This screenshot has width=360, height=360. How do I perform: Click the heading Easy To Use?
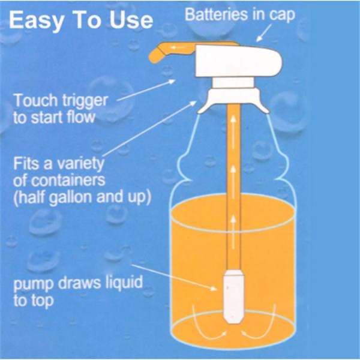[x=81, y=20]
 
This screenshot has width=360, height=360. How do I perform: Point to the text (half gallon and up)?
[x=82, y=197]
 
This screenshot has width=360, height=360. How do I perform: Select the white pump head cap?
[x=239, y=61]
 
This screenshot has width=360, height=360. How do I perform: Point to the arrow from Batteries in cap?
[x=264, y=33]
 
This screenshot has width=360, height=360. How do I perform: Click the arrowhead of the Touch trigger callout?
[x=172, y=82]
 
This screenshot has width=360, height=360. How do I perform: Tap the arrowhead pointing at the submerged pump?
[x=214, y=289]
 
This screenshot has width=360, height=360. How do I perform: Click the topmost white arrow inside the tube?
[x=233, y=132]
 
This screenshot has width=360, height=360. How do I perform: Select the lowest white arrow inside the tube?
[x=233, y=232]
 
